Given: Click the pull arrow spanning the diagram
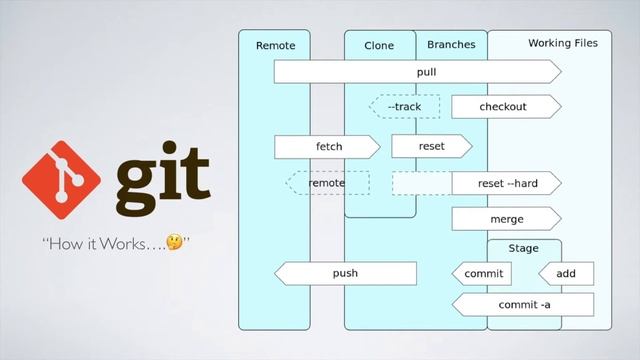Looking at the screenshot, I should pyautogui.click(x=417, y=72).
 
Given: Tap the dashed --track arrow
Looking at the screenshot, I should pyautogui.click(x=404, y=107).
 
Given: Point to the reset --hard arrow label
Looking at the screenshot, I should pyautogui.click(x=507, y=183).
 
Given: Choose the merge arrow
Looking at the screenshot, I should pyautogui.click(x=506, y=219).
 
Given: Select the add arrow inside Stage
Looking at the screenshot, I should pyautogui.click(x=565, y=273).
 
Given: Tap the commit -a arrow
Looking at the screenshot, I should pyautogui.click(x=522, y=304).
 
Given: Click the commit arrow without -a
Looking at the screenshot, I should pyautogui.click(x=483, y=273).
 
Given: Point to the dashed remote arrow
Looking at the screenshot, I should pyautogui.click(x=327, y=183).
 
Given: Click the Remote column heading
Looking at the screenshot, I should pyautogui.click(x=276, y=45).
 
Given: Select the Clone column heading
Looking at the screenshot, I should pyautogui.click(x=379, y=45).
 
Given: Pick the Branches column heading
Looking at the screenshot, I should pyautogui.click(x=451, y=45).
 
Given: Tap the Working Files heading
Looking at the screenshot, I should pyautogui.click(x=563, y=44).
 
